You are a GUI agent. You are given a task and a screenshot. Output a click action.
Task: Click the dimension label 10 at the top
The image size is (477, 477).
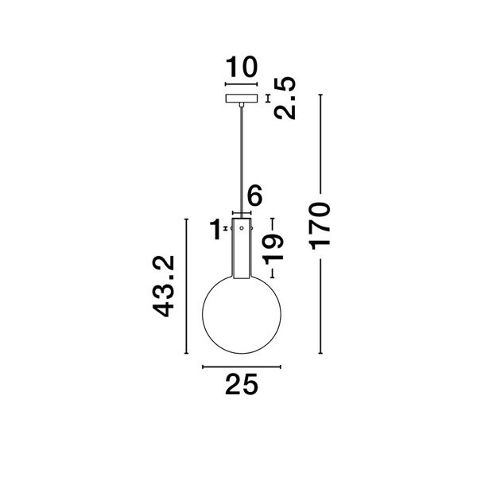coord(242,67)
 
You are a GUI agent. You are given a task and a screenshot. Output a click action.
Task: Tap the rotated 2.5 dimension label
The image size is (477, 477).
coord(285,98)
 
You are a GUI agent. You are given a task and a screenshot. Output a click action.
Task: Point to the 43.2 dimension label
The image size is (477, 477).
coord(163,286)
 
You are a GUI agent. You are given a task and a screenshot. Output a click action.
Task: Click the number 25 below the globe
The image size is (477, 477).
coord(242,385)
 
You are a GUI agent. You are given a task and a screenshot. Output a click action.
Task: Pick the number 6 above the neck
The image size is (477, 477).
coord(254,196)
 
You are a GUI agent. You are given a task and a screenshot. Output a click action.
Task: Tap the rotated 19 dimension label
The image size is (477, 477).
coord(273,250)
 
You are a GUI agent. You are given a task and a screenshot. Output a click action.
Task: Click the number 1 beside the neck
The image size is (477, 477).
coord(215,229)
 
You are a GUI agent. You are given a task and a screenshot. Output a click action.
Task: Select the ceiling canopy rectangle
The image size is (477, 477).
coord(242,99)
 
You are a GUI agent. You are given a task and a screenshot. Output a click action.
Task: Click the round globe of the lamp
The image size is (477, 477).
coord(203,315)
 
